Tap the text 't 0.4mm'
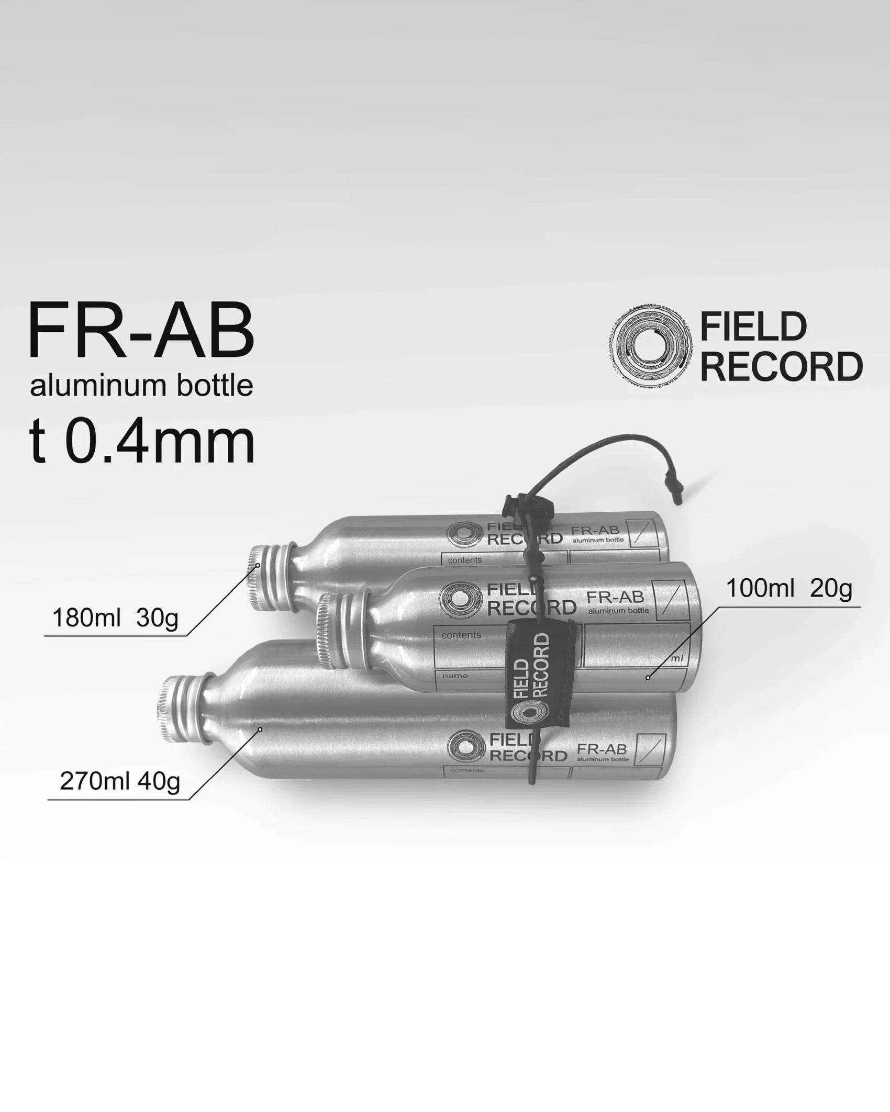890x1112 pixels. (x=141, y=443)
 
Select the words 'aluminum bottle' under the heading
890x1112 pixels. (x=141, y=386)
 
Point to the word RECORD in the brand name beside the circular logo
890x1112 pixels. (x=781, y=367)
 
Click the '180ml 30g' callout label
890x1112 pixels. (x=115, y=619)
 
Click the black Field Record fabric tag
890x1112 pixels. (x=539, y=675)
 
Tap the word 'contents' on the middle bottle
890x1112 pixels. (x=461, y=635)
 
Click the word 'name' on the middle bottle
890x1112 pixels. (x=455, y=676)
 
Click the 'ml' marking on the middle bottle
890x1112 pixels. (x=676, y=658)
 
